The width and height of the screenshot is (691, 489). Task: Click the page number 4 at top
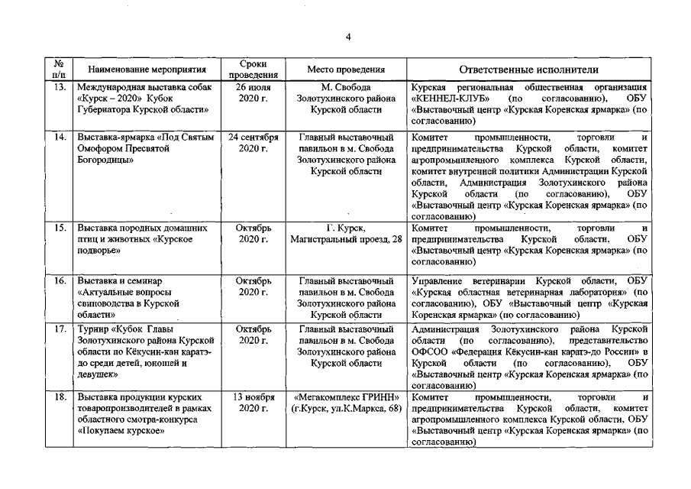point(348,37)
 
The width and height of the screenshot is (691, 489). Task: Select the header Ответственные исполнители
point(529,70)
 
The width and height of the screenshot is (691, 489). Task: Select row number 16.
point(59,281)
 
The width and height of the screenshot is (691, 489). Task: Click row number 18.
point(59,397)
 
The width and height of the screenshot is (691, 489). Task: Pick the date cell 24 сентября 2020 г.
point(253,143)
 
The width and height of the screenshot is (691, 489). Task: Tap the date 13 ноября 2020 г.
point(253,403)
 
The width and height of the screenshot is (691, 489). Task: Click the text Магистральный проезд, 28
point(346,240)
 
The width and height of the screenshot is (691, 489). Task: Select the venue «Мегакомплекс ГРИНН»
point(346,397)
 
